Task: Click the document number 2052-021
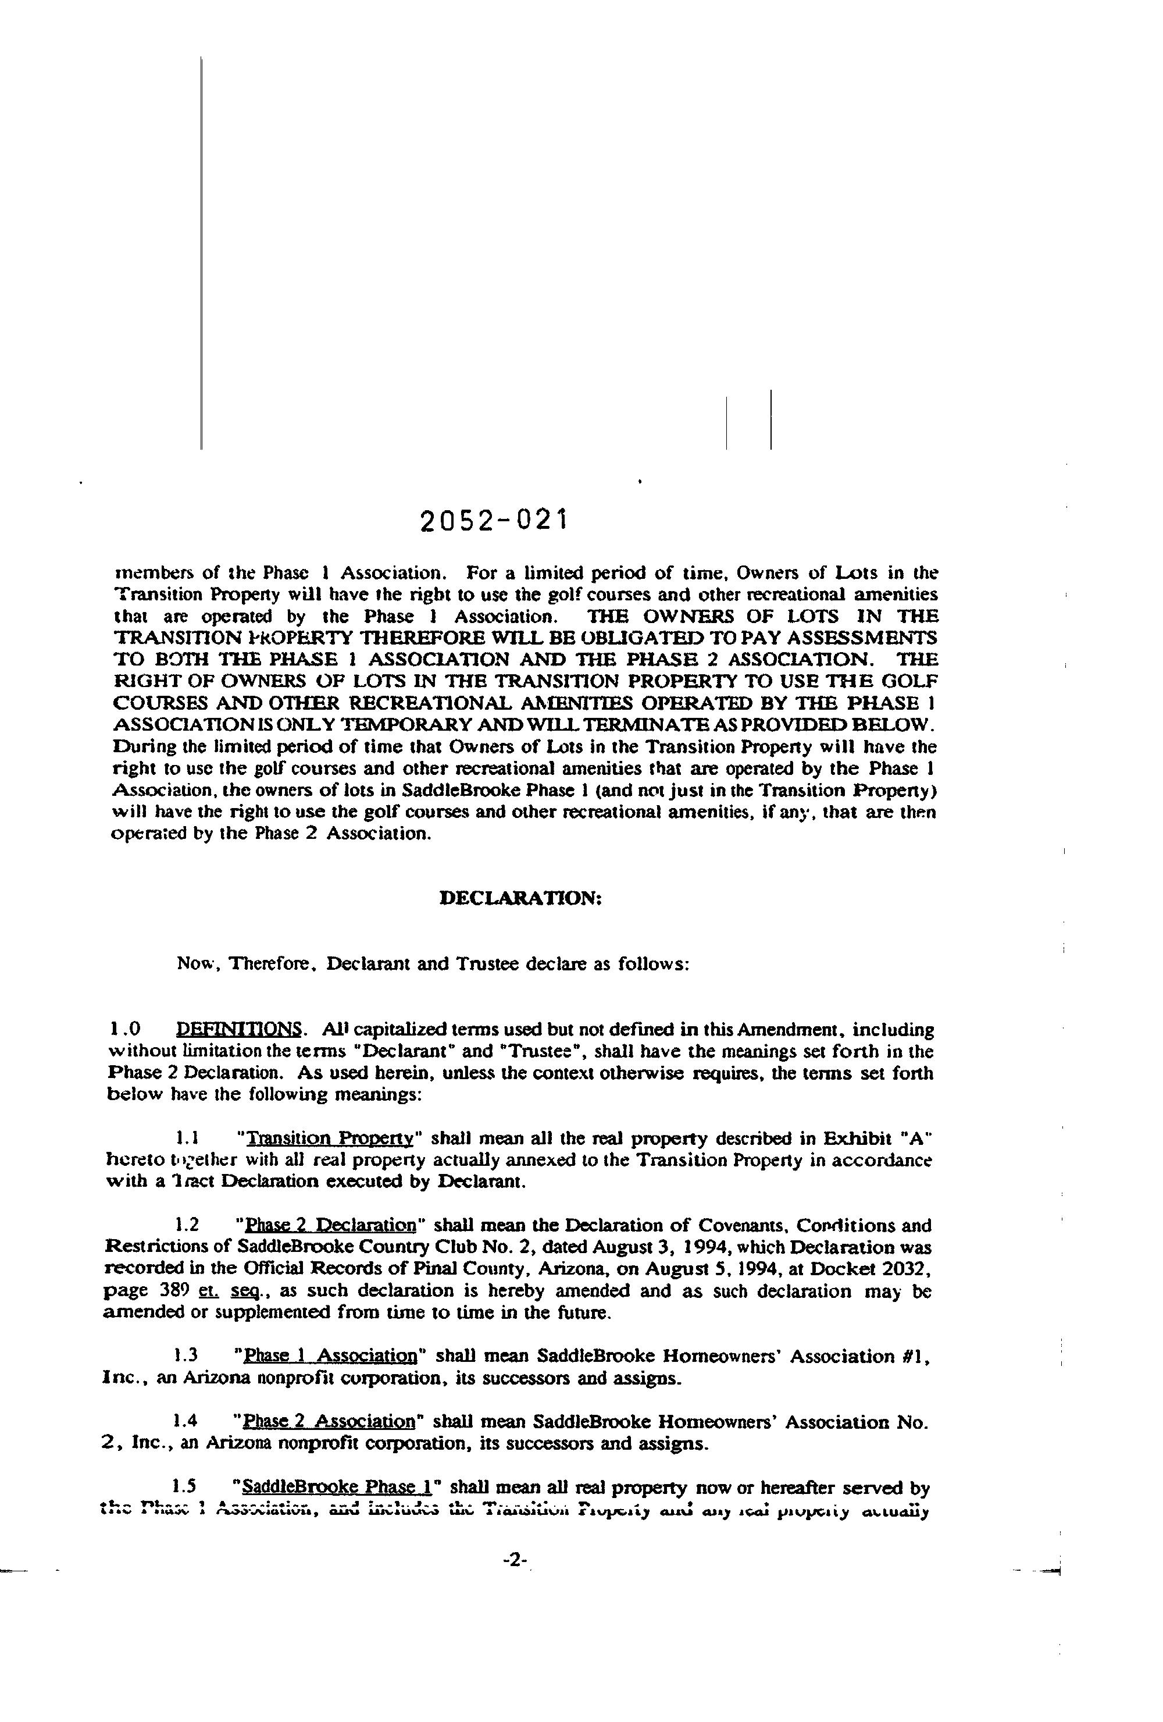pos(493,521)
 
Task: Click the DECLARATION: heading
pos(520,897)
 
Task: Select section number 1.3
pos(185,1355)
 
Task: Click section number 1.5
pos(185,1486)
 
